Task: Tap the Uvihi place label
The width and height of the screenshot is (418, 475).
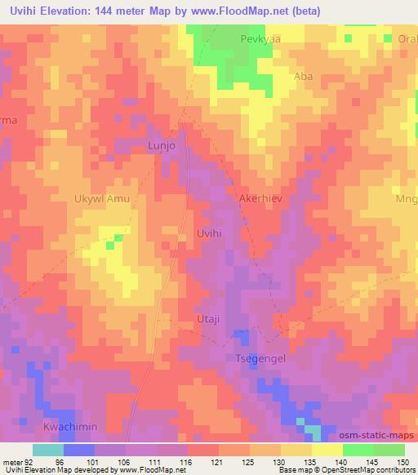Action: [210, 233]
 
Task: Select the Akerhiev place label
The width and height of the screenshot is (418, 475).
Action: [261, 198]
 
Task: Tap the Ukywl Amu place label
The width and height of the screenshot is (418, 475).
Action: [102, 198]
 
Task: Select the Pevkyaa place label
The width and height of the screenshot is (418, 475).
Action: [260, 38]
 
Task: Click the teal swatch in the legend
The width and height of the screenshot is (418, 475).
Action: [48, 450]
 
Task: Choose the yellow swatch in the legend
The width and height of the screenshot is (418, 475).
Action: [326, 450]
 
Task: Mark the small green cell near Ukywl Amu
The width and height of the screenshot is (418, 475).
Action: [119, 237]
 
